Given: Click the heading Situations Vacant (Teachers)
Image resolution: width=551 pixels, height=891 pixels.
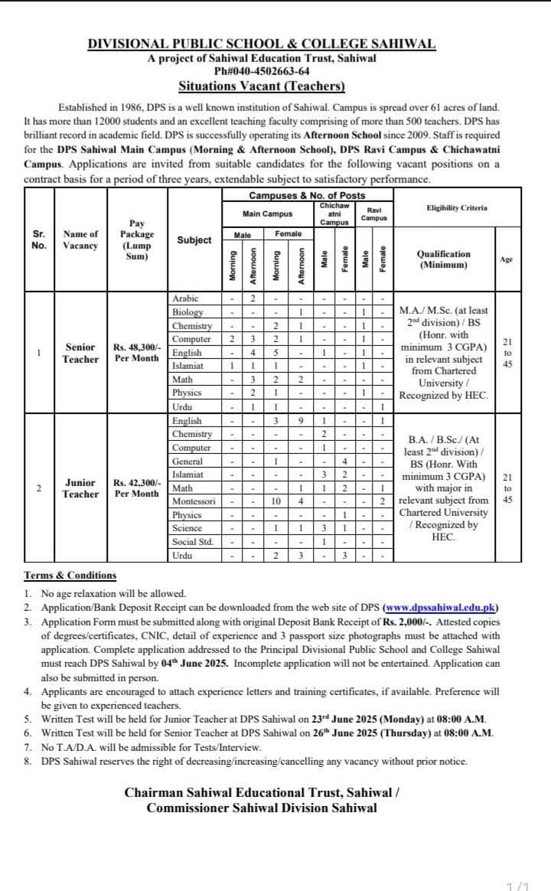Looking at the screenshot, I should (x=262, y=86).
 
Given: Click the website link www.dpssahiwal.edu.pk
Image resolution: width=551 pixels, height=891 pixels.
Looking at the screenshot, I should (x=440, y=608).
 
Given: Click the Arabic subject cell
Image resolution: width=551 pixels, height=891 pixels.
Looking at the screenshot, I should (x=184, y=299).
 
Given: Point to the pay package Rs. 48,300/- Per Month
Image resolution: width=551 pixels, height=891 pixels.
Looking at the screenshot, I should (x=137, y=353).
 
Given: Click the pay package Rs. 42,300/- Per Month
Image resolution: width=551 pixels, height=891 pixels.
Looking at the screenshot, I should (x=137, y=488).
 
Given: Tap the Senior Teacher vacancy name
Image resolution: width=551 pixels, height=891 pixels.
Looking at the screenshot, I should (x=80, y=353).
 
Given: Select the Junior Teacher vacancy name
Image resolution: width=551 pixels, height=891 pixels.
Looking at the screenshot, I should (x=80, y=488).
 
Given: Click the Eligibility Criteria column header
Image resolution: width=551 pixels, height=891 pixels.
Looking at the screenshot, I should (x=457, y=207).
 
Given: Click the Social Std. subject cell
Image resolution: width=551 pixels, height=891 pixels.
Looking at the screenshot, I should (x=193, y=542).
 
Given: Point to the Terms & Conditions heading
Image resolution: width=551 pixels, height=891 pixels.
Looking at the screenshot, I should (x=70, y=576).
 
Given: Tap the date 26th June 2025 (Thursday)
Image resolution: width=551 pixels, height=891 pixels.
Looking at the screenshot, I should (x=376, y=733).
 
